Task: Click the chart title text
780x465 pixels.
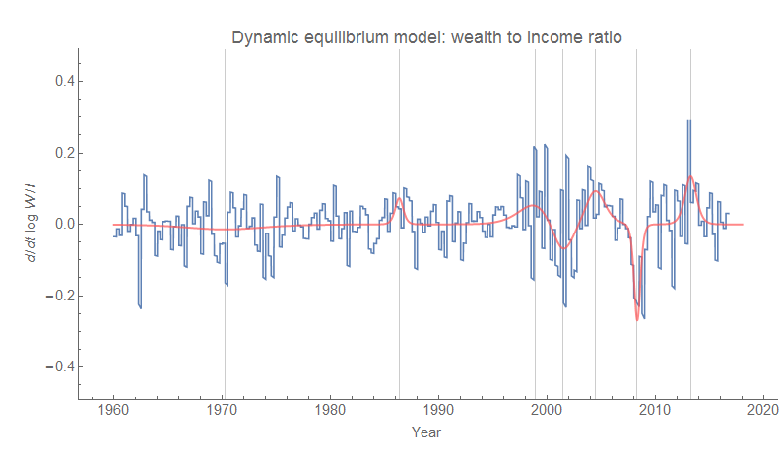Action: (426, 37)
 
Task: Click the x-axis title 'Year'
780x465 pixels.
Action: (426, 432)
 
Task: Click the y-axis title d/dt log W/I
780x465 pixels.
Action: (33, 225)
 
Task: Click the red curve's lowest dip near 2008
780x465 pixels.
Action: (637, 318)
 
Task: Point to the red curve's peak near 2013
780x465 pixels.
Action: (690, 177)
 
